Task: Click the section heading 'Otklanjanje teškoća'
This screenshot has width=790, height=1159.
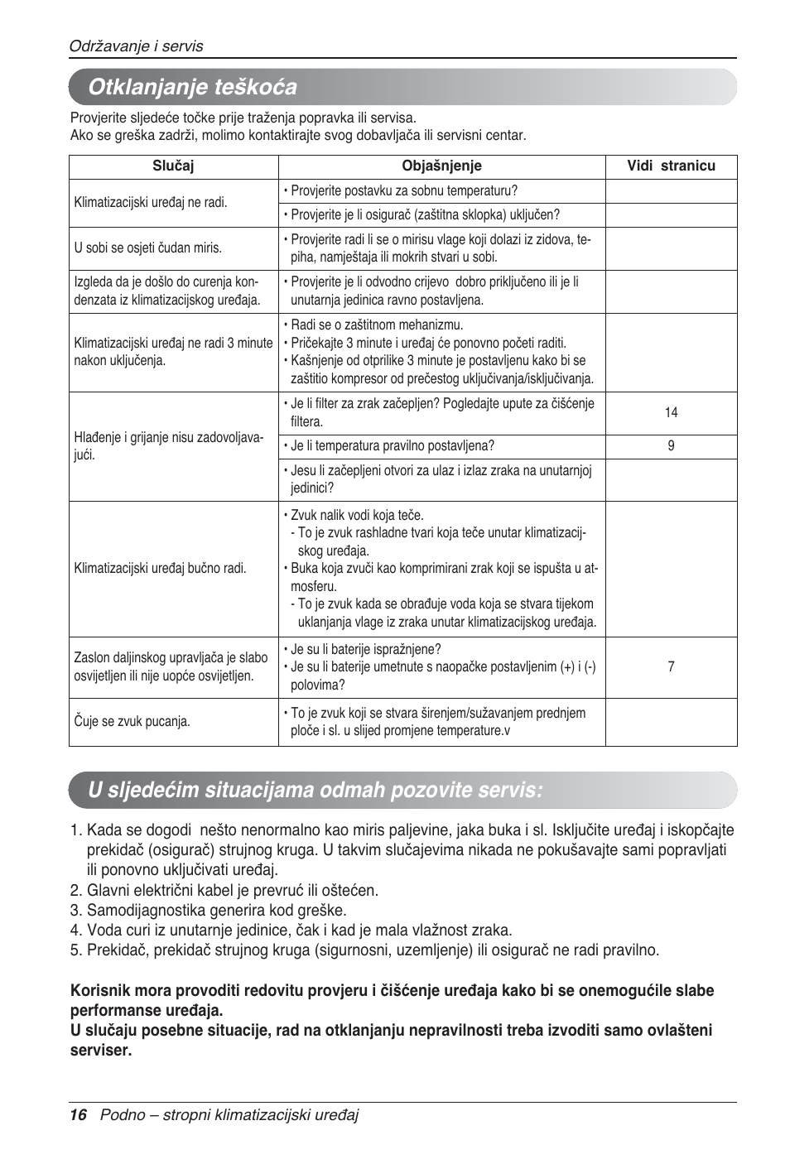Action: tap(192, 87)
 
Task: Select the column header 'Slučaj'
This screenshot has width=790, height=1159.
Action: tap(173, 166)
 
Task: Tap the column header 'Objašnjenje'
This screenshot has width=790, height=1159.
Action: tap(441, 166)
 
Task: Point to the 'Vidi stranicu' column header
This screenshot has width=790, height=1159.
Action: tap(671, 166)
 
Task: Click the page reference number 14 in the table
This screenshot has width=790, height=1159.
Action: tap(671, 412)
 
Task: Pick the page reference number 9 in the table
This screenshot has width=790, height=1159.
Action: tap(671, 446)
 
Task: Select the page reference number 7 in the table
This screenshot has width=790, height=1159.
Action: tap(671, 666)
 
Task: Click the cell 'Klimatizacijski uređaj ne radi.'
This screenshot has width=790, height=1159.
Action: tap(151, 202)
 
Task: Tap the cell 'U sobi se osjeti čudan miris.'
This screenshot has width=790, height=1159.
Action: tap(148, 248)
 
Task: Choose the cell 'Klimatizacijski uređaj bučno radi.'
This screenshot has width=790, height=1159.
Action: tap(160, 569)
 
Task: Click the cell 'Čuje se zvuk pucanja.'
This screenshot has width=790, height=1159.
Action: tap(132, 721)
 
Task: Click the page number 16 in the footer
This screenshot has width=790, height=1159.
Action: tap(78, 1115)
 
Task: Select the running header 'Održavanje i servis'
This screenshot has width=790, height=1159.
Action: tap(136, 46)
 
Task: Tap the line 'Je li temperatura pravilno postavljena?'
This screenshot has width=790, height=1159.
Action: tap(392, 446)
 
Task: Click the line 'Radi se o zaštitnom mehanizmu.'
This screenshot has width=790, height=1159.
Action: tap(377, 325)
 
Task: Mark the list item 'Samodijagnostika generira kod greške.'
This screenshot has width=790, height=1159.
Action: tap(217, 911)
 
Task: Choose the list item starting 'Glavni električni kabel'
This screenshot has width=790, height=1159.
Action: tap(233, 891)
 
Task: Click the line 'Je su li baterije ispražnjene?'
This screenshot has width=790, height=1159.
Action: tap(365, 649)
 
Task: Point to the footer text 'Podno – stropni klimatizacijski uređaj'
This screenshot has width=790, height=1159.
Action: tap(229, 1115)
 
